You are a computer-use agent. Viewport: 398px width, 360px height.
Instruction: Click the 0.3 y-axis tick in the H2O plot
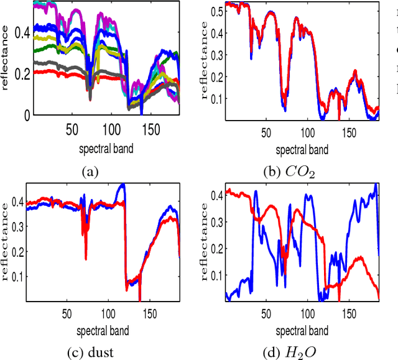(215, 221)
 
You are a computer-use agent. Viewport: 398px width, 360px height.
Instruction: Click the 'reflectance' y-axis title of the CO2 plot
(203, 61)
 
